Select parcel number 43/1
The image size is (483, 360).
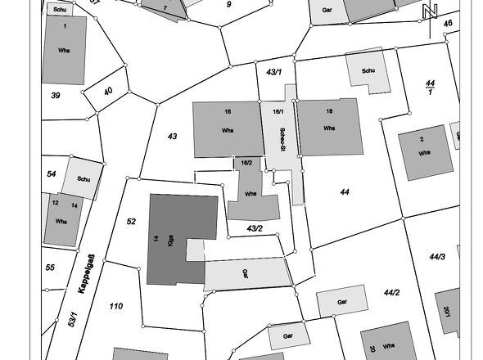tap(275, 73)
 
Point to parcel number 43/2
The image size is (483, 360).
tap(255, 228)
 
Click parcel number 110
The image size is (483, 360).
tap(115, 306)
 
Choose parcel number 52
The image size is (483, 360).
tap(131, 222)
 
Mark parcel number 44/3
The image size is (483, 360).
tap(437, 258)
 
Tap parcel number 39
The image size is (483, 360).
tap(56, 96)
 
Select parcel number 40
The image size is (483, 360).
tap(108, 91)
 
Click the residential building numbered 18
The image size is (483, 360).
tap(329, 128)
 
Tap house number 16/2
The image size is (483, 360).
tap(246, 163)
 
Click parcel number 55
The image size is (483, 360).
tap(50, 268)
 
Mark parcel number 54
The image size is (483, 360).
tap(52, 174)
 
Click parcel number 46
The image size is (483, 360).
tap(448, 24)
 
